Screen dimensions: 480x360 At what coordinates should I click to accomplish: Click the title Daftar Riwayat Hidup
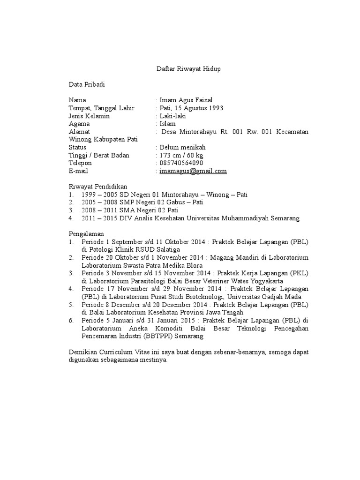(x=187, y=69)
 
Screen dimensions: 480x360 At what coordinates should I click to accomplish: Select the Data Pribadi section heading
(x=87, y=84)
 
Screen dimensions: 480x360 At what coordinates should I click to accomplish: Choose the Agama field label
(x=79, y=124)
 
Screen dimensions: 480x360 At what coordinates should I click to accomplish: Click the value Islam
(x=168, y=124)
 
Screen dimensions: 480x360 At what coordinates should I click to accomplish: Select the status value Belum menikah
(x=182, y=147)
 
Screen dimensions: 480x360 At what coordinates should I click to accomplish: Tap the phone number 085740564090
(x=181, y=163)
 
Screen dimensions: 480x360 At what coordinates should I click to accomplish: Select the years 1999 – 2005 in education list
(x=99, y=195)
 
